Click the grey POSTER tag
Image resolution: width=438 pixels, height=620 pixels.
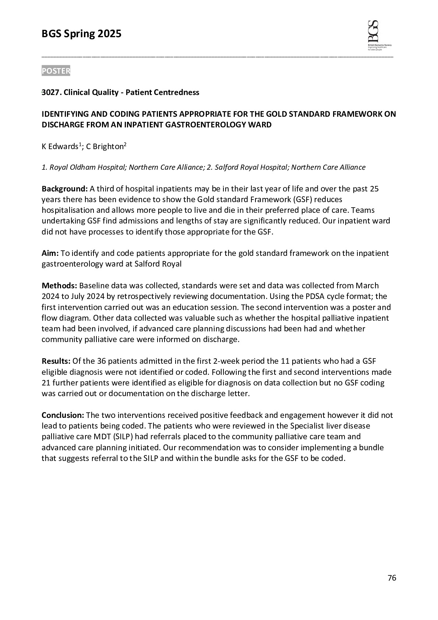56,71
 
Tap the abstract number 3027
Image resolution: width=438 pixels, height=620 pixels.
51,92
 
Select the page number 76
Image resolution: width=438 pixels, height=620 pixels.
392,578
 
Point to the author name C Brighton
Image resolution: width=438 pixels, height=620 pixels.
105,147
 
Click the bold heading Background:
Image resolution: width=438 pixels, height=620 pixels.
64,189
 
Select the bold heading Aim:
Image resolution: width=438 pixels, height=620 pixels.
50,253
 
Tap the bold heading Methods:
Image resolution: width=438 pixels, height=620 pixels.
59,286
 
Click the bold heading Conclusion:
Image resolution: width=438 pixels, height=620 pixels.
63,415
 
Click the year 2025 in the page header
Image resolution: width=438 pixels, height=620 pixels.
109,34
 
